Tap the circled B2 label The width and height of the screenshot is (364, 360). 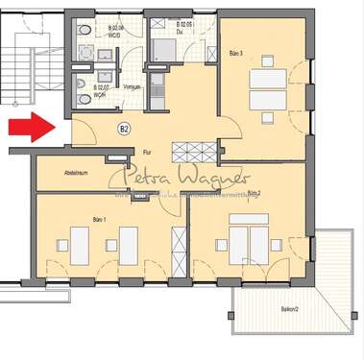(x=124, y=128)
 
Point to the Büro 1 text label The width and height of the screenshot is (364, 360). (x=100, y=220)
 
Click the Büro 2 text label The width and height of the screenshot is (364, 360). (x=255, y=193)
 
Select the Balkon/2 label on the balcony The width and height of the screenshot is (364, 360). (x=289, y=308)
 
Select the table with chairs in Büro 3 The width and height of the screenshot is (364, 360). (x=264, y=91)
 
